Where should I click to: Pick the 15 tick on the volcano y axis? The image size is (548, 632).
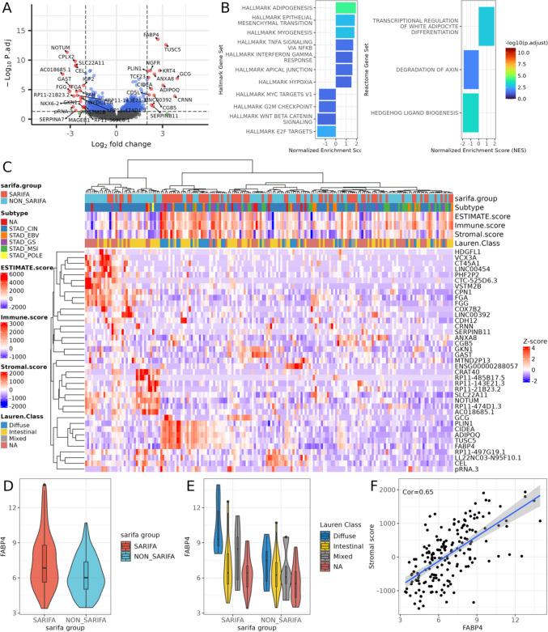click(x=28, y=31)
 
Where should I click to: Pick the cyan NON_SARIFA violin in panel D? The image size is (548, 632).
click(x=96, y=566)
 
